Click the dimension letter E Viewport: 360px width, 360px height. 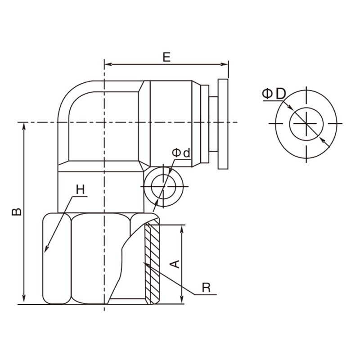coord(166,57)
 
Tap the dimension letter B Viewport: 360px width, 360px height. coord(17,212)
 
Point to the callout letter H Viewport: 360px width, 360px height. coord(81,189)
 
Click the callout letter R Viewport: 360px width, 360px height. coord(206,288)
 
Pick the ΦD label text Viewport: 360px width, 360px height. coord(274,94)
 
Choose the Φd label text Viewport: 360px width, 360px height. coord(181,153)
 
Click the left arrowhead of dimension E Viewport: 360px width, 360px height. coord(108,64)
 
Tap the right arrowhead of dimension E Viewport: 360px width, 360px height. coord(224,64)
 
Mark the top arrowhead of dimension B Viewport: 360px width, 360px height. coord(24,126)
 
